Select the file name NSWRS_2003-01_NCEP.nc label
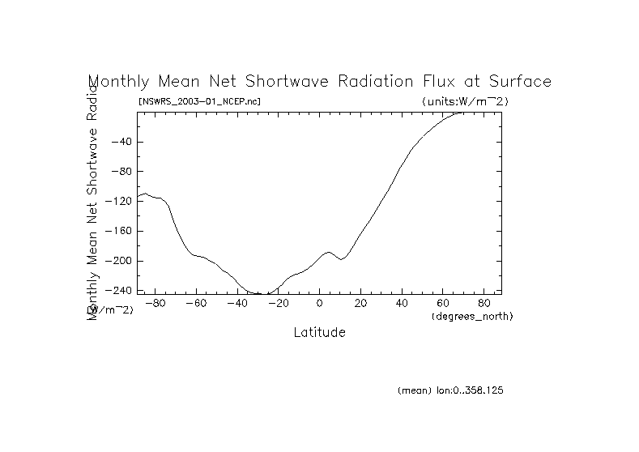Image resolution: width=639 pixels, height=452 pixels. [x=199, y=101]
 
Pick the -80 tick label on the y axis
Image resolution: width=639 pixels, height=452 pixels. [x=121, y=172]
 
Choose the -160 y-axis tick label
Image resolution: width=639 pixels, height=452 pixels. [x=118, y=231]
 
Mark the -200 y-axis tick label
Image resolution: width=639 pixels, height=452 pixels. [x=118, y=261]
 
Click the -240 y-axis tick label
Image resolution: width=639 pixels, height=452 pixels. [x=118, y=290]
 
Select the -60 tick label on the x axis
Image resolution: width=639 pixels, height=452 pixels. [x=195, y=304]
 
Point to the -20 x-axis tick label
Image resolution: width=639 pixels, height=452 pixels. [x=277, y=304]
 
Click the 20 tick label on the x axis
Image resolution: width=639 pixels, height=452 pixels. [x=360, y=304]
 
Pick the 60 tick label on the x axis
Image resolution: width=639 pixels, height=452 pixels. [x=443, y=304]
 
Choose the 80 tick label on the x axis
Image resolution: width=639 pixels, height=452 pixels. [x=484, y=304]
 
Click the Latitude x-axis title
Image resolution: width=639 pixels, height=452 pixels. [x=319, y=332]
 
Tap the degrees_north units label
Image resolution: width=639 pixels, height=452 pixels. [x=472, y=316]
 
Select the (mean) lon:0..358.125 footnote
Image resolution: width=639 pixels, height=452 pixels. [x=450, y=390]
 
